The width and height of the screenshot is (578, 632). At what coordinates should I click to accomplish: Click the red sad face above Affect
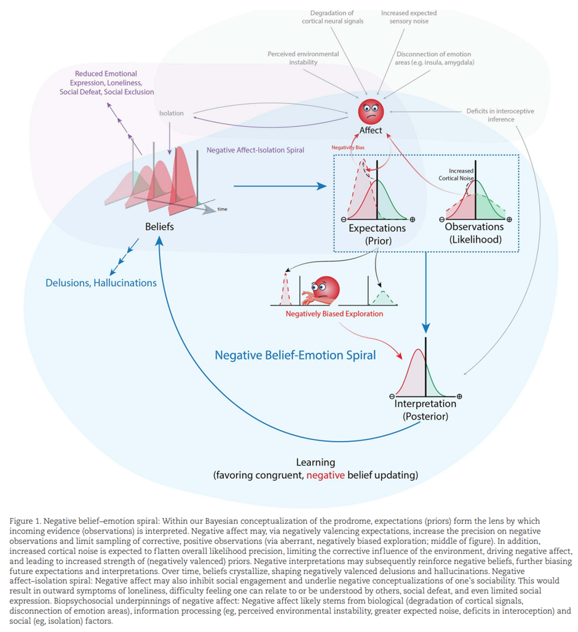[371, 111]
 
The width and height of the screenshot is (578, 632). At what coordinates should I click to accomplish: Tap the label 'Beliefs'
[159, 226]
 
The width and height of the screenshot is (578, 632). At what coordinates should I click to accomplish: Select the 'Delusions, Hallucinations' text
[101, 283]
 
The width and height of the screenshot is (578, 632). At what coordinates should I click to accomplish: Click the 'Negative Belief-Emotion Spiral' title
[295, 355]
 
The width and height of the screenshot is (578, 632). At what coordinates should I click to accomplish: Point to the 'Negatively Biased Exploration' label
[335, 314]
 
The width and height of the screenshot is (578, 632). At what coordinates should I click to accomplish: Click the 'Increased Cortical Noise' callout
[456, 175]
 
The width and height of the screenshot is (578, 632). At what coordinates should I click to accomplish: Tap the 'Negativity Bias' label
[348, 148]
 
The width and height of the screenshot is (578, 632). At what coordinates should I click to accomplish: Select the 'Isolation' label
[171, 113]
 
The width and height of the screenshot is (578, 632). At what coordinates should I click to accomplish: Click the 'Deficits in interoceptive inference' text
[501, 115]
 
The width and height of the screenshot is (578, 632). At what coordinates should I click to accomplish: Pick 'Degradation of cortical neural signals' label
[333, 17]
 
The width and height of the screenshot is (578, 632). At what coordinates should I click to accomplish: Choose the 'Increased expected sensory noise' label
[409, 17]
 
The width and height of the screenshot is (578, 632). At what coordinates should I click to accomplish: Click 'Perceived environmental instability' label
[303, 58]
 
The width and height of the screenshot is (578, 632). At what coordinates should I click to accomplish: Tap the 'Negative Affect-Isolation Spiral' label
[255, 150]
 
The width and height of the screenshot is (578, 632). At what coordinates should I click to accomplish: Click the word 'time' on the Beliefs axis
[223, 209]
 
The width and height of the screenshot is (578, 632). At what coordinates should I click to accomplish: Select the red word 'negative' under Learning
[325, 475]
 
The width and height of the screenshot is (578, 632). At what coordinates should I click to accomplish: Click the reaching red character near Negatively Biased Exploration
[322, 291]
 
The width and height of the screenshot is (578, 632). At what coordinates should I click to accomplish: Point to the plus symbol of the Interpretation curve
[459, 396]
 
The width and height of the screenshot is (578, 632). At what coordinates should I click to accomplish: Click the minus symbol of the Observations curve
[442, 220]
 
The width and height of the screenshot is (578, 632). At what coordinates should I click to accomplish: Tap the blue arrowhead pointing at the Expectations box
[322, 186]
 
